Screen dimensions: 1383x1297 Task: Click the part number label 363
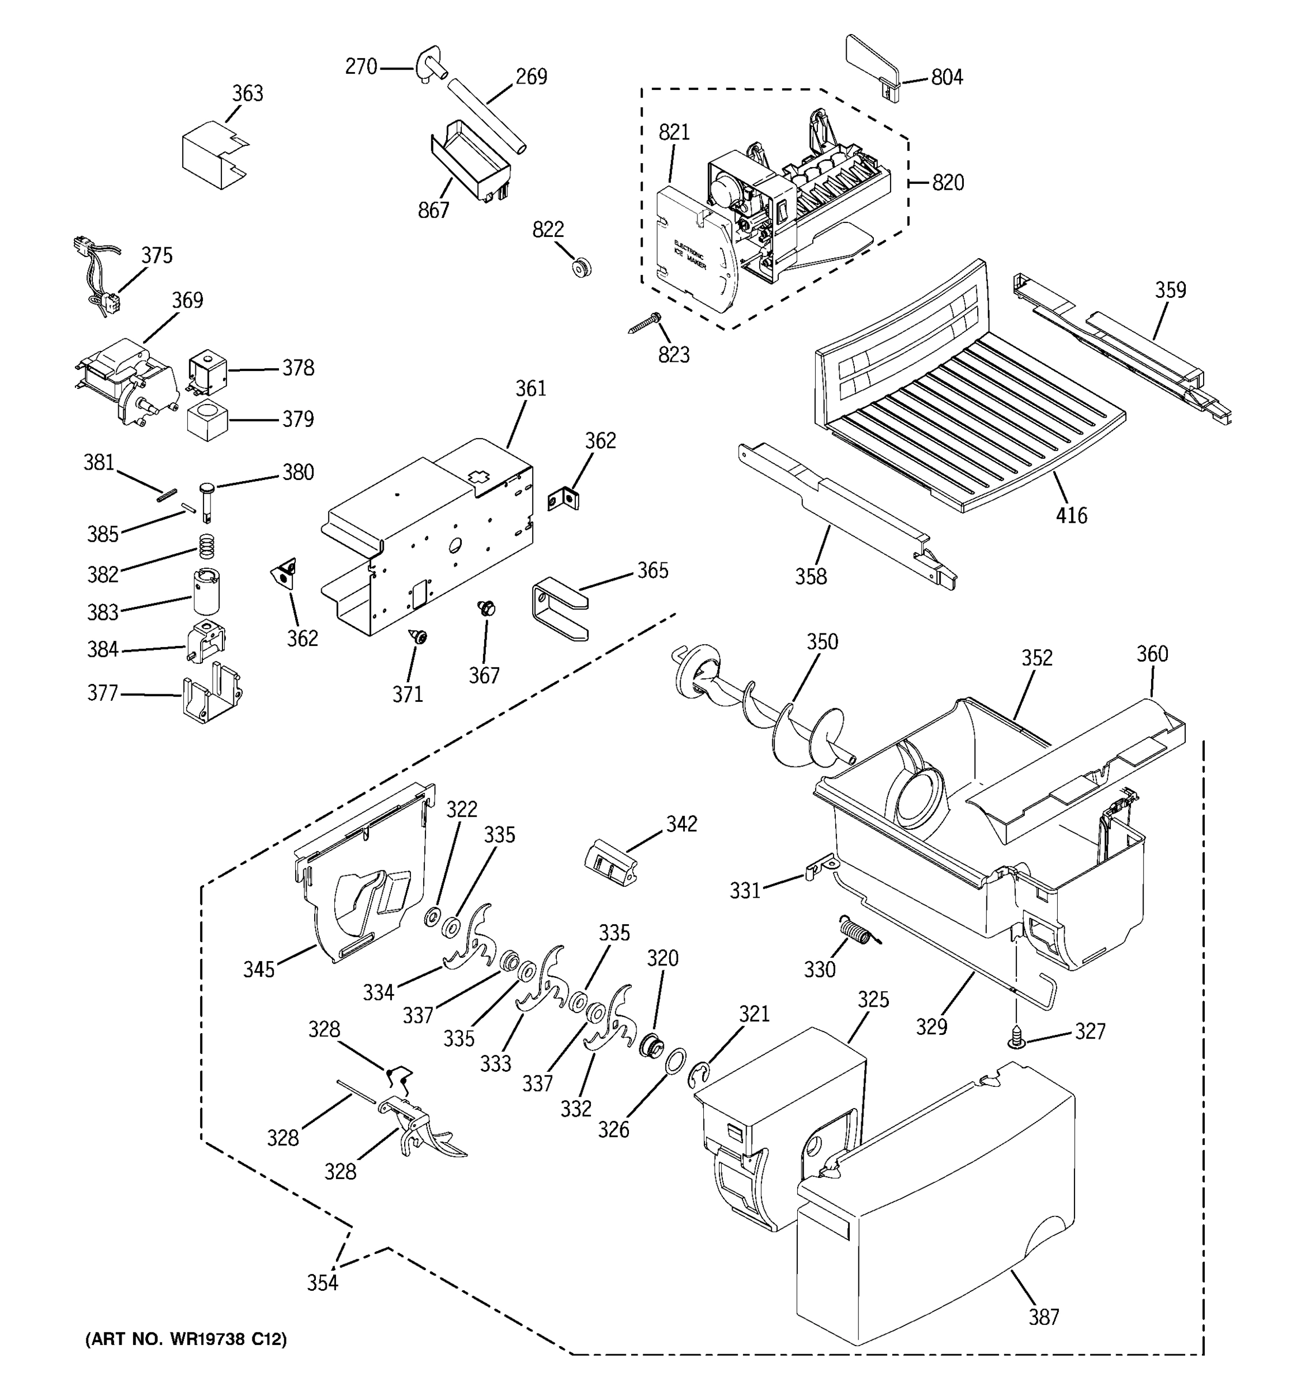point(248,93)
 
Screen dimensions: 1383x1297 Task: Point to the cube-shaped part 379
point(208,420)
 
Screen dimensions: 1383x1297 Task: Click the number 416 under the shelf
point(1071,516)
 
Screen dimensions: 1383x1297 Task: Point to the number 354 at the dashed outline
point(323,1282)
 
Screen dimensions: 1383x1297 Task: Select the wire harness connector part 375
point(97,278)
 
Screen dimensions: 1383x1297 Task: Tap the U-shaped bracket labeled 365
point(559,610)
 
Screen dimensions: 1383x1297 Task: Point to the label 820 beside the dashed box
point(948,183)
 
